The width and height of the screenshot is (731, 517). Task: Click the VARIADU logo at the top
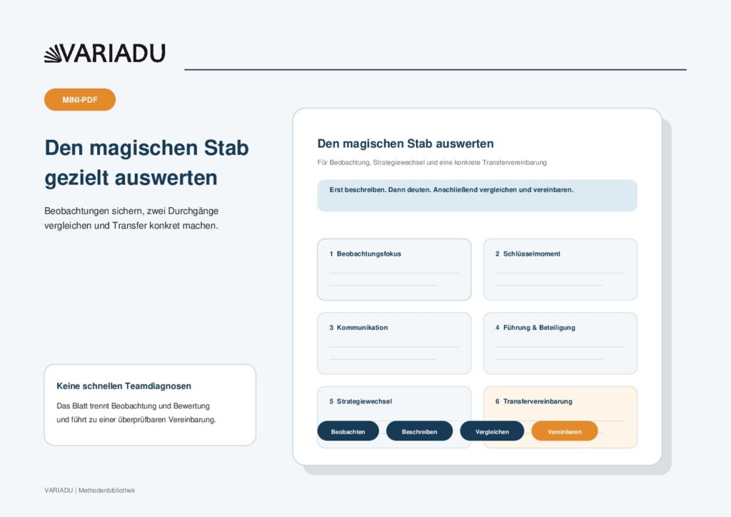(x=105, y=53)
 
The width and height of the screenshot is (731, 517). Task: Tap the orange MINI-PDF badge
(x=80, y=100)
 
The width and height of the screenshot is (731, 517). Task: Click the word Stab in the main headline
(x=226, y=148)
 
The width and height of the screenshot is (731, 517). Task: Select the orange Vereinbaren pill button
(x=565, y=431)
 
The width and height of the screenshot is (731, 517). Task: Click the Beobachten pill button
(x=348, y=431)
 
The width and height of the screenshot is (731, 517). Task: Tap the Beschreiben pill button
(x=419, y=431)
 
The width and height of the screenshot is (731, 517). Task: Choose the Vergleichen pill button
(x=492, y=431)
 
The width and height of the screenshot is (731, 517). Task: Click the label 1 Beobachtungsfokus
(x=365, y=254)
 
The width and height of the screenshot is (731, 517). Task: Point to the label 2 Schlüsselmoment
(x=528, y=254)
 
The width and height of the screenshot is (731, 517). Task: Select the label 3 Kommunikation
(x=358, y=327)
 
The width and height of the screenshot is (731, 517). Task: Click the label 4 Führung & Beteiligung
(x=535, y=327)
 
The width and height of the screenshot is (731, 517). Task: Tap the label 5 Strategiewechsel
(x=361, y=401)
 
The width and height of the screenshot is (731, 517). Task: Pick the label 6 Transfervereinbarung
(x=534, y=401)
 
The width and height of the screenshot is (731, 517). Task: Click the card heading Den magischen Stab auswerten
(x=405, y=144)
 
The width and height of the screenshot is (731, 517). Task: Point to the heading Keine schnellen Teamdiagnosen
(x=124, y=386)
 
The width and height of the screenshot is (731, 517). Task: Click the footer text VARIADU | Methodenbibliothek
(x=90, y=491)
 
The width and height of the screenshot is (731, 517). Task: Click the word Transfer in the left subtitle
(x=130, y=226)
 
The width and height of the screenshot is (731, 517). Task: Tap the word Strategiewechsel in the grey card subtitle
(x=398, y=163)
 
